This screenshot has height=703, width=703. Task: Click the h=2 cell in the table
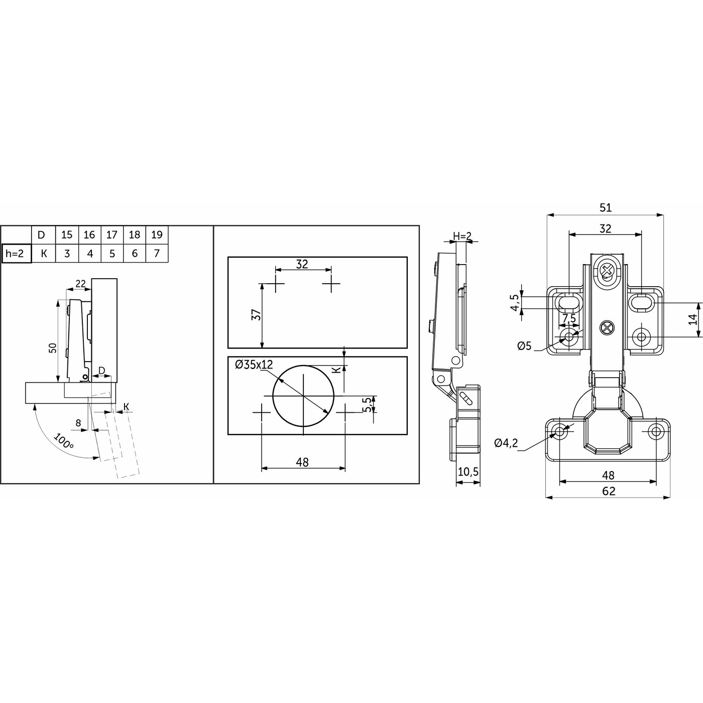(x=17, y=253)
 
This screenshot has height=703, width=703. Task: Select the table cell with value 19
(x=157, y=235)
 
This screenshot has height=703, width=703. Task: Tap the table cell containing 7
(x=157, y=253)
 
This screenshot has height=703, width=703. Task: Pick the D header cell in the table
(x=41, y=235)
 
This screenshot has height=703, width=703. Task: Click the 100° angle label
(x=64, y=441)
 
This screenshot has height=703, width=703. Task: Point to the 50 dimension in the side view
(x=53, y=347)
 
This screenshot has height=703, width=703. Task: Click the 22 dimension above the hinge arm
(x=81, y=283)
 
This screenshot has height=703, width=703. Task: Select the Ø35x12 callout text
(x=254, y=364)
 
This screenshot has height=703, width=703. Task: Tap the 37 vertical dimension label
(x=257, y=314)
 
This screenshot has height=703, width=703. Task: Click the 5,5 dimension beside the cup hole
(x=369, y=404)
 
